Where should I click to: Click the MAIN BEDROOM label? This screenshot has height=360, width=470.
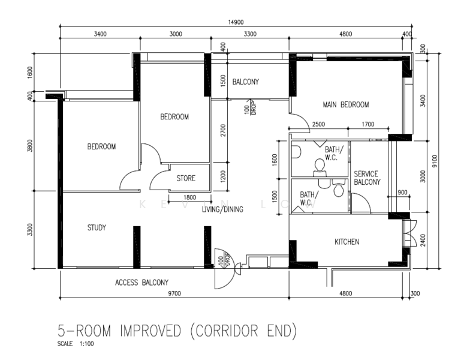tap(345, 104)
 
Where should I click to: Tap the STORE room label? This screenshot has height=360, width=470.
tap(186, 179)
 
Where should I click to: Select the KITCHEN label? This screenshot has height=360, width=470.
tap(347, 242)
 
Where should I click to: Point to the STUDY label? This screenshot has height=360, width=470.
tap(97, 228)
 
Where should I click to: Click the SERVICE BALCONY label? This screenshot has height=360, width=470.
tap(367, 178)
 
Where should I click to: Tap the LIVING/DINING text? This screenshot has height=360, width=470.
tap(222, 209)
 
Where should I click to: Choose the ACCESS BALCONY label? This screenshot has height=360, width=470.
tap(141, 282)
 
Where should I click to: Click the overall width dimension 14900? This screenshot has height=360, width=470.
tap(236, 22)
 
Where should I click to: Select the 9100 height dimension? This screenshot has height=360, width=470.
tap(435, 162)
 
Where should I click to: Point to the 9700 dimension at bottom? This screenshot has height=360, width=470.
tap(174, 293)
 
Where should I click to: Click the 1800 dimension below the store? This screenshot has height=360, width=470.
tap(189, 197)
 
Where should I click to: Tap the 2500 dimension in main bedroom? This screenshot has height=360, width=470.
tap(318, 124)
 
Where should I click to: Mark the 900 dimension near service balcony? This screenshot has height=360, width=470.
tap(402, 192)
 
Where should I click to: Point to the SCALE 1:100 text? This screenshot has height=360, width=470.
tap(76, 344)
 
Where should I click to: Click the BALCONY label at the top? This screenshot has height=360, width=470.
tap(246, 82)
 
